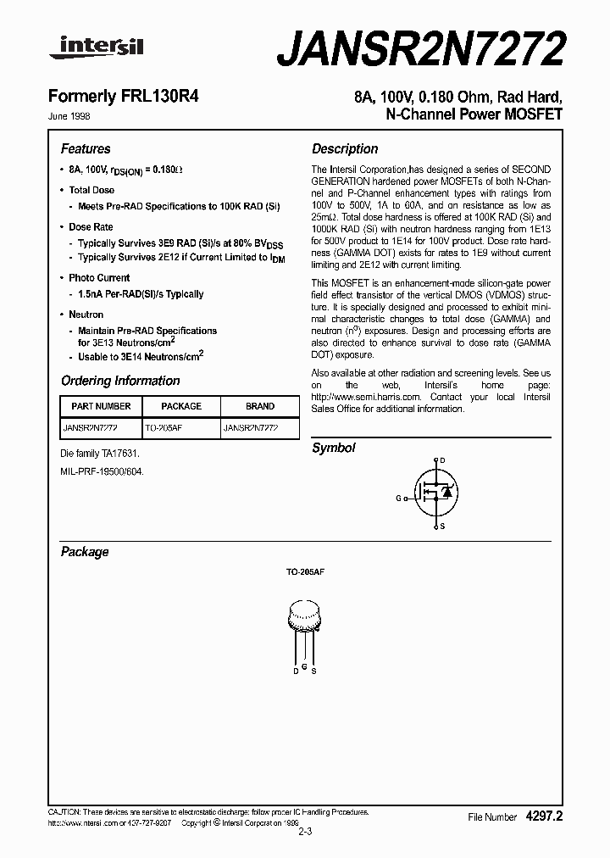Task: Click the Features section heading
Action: (x=86, y=148)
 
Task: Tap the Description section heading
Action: (x=345, y=148)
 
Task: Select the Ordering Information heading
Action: (x=120, y=381)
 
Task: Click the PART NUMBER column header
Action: (x=102, y=406)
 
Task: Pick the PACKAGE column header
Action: (x=181, y=406)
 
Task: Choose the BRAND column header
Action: (x=260, y=406)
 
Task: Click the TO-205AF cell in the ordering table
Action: (x=164, y=429)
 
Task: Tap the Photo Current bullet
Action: (x=99, y=278)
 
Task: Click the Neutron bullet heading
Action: (x=86, y=315)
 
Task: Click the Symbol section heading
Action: (x=334, y=448)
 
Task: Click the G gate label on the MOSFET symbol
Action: (x=398, y=499)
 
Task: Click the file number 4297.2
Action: (x=544, y=816)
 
